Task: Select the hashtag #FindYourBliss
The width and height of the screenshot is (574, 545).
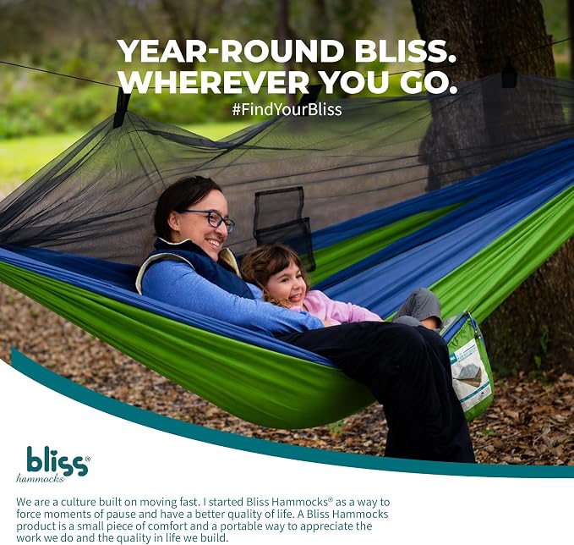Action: point(287,109)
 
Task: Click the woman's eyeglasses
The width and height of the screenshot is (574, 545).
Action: point(213,219)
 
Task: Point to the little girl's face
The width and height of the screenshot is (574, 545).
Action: point(287,281)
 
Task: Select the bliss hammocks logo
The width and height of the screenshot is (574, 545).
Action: point(52,464)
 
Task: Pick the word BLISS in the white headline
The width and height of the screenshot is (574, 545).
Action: point(405,51)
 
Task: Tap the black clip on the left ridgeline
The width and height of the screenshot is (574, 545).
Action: point(122,107)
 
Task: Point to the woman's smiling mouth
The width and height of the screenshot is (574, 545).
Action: point(213,243)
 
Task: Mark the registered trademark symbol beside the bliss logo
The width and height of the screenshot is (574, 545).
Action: point(87,458)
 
